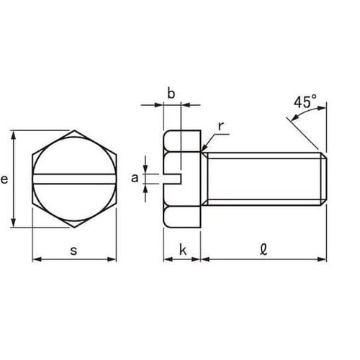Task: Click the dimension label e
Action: [x=4, y=179]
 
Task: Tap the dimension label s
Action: [x=74, y=251]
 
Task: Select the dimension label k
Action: [x=183, y=250]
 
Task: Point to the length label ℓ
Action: [x=264, y=250]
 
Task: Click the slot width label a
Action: [x=135, y=179]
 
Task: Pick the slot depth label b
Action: [x=171, y=94]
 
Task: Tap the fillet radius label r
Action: [x=221, y=126]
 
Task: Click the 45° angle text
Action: [x=305, y=102]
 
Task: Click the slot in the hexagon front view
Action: [x=74, y=179]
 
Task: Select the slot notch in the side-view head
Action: [x=173, y=179]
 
